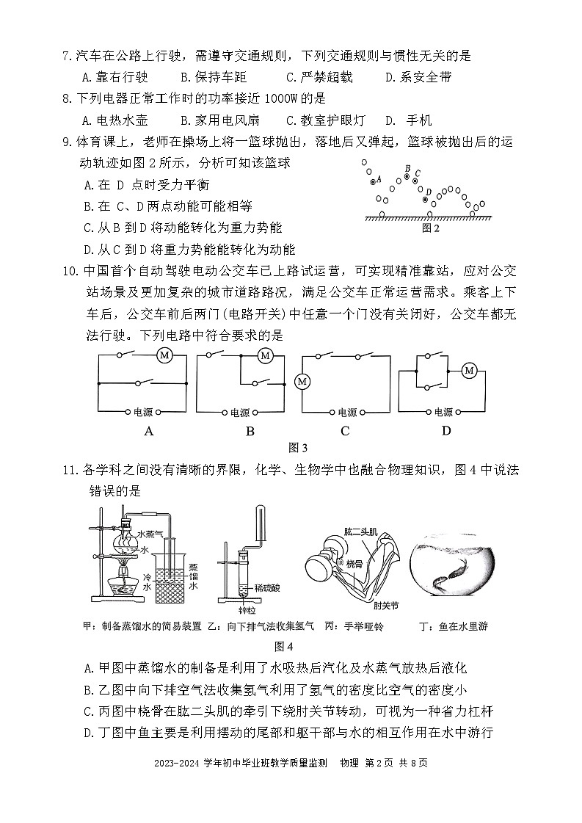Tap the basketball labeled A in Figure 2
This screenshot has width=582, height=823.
click(x=373, y=180)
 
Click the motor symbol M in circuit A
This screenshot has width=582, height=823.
click(x=165, y=355)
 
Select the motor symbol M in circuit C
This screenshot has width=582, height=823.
click(x=300, y=381)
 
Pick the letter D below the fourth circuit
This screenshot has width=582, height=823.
click(x=445, y=431)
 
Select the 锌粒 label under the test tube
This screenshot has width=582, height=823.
click(x=238, y=609)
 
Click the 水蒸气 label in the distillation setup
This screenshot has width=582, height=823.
click(x=152, y=534)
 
